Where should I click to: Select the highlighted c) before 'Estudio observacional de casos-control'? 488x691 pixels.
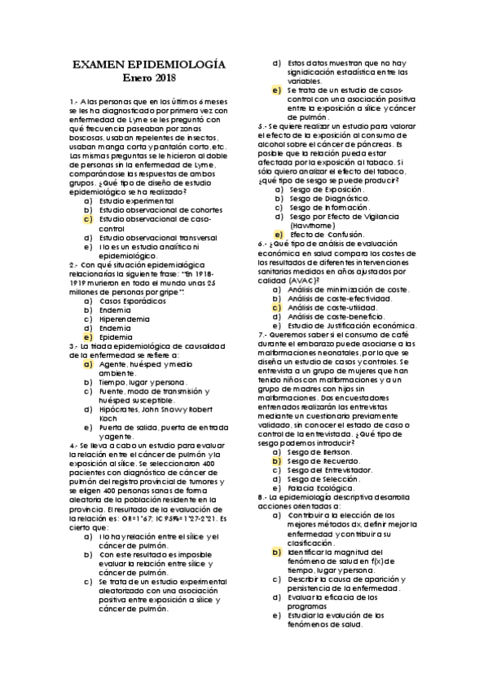pos(87,219)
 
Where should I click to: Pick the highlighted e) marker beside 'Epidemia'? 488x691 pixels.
pos(87,336)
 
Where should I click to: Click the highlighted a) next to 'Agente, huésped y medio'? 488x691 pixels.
pos(87,363)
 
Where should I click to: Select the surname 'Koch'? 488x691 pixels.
pos(108,418)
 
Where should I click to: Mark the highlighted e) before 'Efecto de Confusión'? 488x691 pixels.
pos(277,234)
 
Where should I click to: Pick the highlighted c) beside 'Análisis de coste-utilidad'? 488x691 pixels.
pos(277,307)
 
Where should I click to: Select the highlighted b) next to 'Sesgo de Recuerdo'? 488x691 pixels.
pos(277,460)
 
